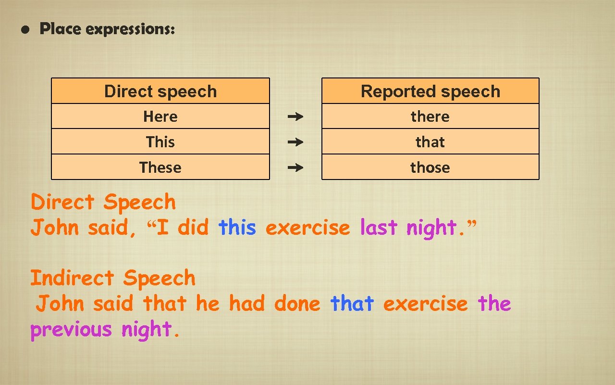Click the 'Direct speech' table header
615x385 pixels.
click(160, 91)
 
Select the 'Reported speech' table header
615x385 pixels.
click(430, 91)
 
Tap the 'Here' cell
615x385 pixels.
click(160, 116)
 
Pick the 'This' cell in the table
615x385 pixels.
click(160, 142)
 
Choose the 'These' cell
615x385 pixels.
click(160, 167)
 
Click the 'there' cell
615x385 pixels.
click(430, 116)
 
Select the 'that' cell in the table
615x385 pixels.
click(430, 142)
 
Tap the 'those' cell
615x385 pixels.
click(430, 167)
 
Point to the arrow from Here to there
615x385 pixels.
click(295, 116)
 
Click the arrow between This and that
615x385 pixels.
click(295, 142)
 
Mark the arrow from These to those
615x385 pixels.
click(295, 167)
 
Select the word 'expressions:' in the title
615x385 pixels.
click(130, 30)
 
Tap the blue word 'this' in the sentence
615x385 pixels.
click(237, 227)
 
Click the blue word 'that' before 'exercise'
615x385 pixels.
click(352, 304)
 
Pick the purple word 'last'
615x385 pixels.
click(379, 227)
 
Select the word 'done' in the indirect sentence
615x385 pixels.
click(297, 304)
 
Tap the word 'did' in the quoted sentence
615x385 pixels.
click(193, 227)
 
